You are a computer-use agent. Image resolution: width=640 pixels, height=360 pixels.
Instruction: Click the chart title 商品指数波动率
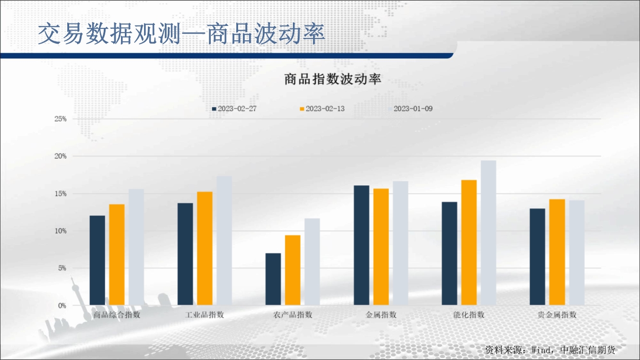[x=333, y=79]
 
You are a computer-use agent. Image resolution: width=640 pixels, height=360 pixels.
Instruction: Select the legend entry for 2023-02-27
[x=234, y=108]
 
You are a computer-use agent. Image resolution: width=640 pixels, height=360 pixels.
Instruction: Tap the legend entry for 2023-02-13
[x=322, y=108]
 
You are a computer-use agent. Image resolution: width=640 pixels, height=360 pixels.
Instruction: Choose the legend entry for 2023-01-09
[x=410, y=108]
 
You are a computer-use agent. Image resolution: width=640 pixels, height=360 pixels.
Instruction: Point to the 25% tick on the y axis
[x=60, y=119]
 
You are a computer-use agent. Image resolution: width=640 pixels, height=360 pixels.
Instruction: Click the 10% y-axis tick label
[x=60, y=231]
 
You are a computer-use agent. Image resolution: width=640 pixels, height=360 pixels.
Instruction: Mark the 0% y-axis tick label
[x=62, y=305]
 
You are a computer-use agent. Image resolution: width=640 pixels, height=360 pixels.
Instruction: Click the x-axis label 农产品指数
[x=293, y=315]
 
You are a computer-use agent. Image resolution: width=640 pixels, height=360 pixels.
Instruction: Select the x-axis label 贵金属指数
[x=557, y=315]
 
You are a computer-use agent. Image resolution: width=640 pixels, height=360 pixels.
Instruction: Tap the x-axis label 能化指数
[x=469, y=315]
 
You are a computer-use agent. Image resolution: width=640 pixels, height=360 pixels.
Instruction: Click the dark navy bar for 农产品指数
[x=273, y=279]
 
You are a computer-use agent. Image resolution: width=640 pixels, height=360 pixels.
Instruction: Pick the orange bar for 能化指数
[x=469, y=242]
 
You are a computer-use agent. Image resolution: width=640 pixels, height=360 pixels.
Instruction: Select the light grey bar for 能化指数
[x=488, y=233]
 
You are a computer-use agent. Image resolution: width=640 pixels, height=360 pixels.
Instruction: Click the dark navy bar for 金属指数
[x=362, y=245]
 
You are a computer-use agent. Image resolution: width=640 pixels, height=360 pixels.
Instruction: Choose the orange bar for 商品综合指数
[x=117, y=254]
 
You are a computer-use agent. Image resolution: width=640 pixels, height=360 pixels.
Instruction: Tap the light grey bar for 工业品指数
[x=224, y=240]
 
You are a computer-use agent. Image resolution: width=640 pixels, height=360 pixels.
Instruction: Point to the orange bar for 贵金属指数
[x=557, y=252]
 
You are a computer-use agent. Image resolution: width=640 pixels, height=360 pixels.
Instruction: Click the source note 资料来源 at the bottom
[x=550, y=349]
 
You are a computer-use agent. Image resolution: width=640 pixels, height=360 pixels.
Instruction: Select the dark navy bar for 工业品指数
[x=185, y=254]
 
